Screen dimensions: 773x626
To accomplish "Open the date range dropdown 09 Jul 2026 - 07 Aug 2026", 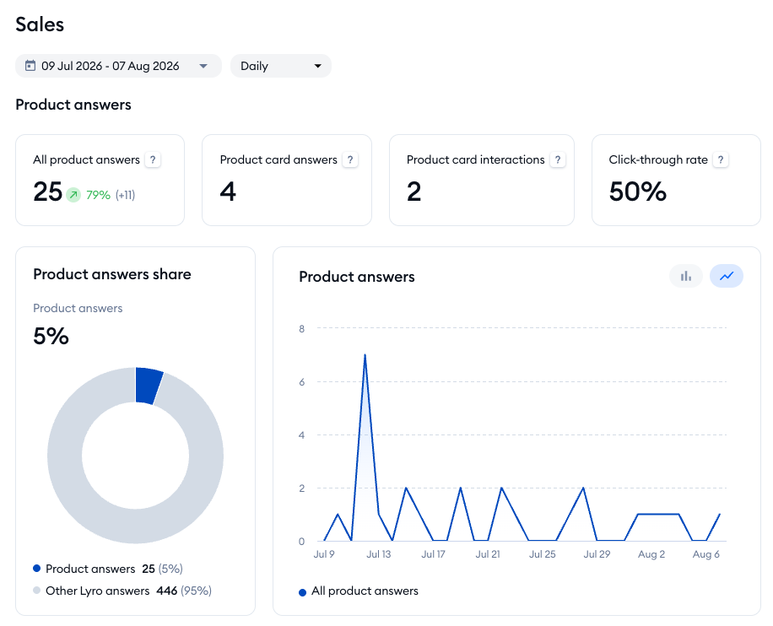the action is [x=118, y=66].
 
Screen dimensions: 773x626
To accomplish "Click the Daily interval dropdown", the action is [x=280, y=66].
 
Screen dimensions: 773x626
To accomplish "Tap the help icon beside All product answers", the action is [x=153, y=159].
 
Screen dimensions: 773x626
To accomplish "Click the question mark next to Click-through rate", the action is [x=721, y=159].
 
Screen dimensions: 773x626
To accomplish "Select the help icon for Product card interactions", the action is [x=558, y=159].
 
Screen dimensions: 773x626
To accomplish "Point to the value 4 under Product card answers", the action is [x=228, y=192].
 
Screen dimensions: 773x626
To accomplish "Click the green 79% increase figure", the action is [x=98, y=195].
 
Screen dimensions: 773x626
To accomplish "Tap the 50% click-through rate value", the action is [x=637, y=192].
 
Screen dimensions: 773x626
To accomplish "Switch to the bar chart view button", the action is [x=686, y=276].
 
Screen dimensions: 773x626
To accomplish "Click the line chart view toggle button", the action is [x=727, y=276].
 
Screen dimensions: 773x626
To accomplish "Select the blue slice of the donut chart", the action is [x=148, y=386].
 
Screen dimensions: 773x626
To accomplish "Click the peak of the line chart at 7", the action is [x=365, y=355].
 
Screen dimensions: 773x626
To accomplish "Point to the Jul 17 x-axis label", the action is [x=433, y=554].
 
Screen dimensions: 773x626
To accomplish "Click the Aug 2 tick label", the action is [x=651, y=554].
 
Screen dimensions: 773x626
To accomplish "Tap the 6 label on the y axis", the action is [x=302, y=382].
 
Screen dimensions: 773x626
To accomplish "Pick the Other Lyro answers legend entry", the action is [x=122, y=591].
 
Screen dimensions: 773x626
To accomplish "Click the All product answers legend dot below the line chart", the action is [x=303, y=592].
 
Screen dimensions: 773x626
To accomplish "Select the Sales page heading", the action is [x=40, y=24].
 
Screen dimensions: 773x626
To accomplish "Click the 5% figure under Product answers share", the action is [x=51, y=336].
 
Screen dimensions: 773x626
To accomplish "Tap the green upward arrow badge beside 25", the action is [x=73, y=195].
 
